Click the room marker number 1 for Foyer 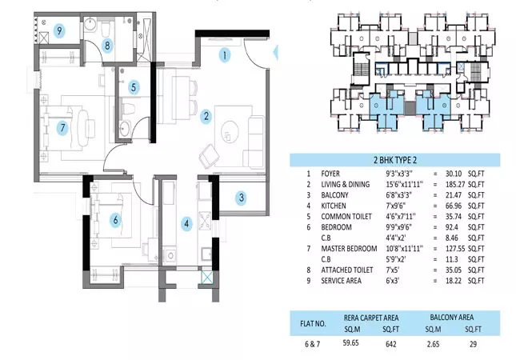tap(226, 55)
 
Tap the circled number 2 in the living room tap(206, 116)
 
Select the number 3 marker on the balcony tap(240, 197)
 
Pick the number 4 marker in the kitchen tap(186, 223)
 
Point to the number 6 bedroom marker tap(115, 219)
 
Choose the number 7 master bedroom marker tap(61, 127)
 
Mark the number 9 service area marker tap(59, 31)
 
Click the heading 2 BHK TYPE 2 tap(394, 160)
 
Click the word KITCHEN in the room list tap(335, 206)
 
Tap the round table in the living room tap(231, 127)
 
